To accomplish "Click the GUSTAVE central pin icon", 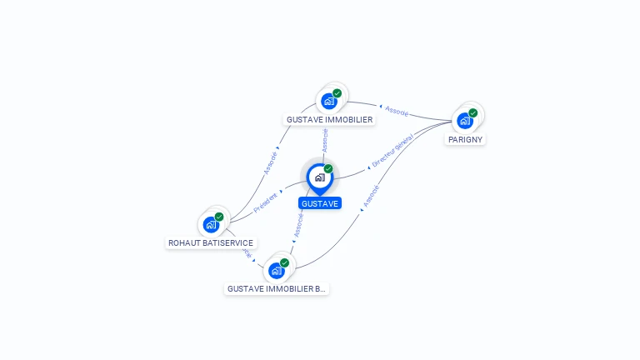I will pos(319,177).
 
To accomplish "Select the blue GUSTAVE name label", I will pos(320,203).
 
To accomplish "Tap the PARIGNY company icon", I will pos(465,120).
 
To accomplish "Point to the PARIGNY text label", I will pos(465,139).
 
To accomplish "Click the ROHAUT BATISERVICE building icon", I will pos(211,224).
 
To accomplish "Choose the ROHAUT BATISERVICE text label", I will pos(211,243).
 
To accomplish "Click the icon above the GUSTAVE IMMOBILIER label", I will pos(329,101).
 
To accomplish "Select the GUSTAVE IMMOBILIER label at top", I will pos(330,119).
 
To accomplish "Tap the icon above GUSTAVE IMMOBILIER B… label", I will pos(276,270).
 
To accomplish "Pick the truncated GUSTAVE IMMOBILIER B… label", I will pos(277,289).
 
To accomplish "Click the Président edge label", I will pos(265,202).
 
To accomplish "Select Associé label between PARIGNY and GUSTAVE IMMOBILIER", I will pos(397,110).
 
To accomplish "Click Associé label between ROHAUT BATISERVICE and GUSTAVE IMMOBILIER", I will pos(271,162).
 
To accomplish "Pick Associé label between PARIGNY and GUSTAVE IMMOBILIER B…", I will pos(371,195).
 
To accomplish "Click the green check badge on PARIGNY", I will pos(473,112).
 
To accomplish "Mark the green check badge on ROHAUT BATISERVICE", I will pos(219,217).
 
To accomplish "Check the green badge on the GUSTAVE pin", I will pos(328,168).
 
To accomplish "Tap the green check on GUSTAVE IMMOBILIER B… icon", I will pos(284,262).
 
